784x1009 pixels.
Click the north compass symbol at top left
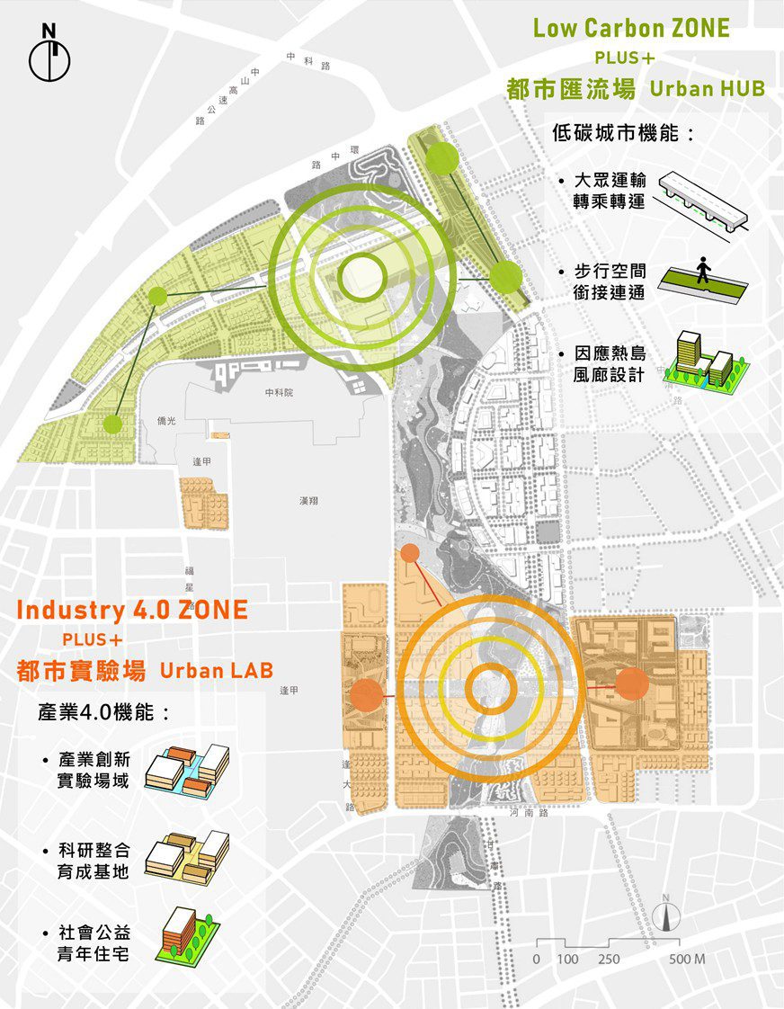pos(49,56)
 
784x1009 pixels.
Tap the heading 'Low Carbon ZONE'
pos(631,28)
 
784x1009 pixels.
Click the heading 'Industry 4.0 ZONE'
pos(132,610)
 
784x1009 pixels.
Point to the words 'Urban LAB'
pos(216,671)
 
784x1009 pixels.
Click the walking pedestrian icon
pos(703,270)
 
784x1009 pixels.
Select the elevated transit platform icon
pos(702,201)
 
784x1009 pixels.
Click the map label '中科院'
pos(279,394)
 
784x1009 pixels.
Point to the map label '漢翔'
pos(308,500)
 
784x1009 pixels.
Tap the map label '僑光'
pos(166,420)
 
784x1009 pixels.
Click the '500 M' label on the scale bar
pos(687,960)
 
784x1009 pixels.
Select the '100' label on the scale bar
pos(567,960)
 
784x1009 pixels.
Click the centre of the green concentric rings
pos(361,273)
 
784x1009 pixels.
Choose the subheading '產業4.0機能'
pos(103,712)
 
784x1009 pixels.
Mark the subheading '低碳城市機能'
pos(624,133)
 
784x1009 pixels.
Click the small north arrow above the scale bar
pos(666,913)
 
